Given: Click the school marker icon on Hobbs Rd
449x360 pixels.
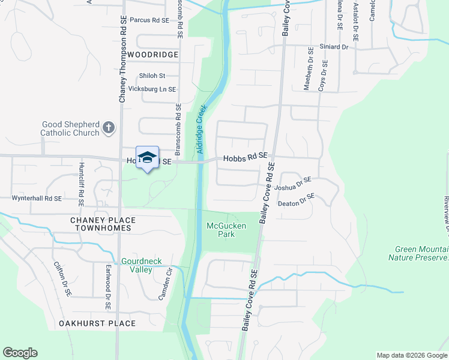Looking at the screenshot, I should click(x=147, y=158).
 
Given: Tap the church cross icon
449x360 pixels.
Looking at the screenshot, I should click(x=109, y=127).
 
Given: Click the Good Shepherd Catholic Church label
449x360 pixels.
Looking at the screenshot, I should click(x=70, y=128).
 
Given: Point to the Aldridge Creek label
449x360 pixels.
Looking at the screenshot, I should click(x=202, y=129).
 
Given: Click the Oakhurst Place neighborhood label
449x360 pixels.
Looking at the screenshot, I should click(x=97, y=323).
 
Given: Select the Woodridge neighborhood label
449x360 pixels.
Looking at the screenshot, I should click(x=153, y=55).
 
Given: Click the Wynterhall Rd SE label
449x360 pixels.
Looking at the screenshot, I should click(x=37, y=198).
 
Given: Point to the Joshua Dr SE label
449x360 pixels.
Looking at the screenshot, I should click(x=293, y=184).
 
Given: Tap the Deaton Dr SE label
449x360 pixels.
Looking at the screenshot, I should click(x=297, y=200).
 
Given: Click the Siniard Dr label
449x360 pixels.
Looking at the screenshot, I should click(x=334, y=46).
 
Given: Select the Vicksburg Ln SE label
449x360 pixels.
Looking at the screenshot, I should click(x=152, y=89).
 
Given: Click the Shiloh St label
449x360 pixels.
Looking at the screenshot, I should click(x=151, y=76).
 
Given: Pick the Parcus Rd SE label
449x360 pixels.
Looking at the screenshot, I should click(x=149, y=20).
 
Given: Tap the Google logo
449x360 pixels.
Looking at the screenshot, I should click(x=20, y=352).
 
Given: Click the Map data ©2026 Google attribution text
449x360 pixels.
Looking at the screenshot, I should click(x=411, y=355).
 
